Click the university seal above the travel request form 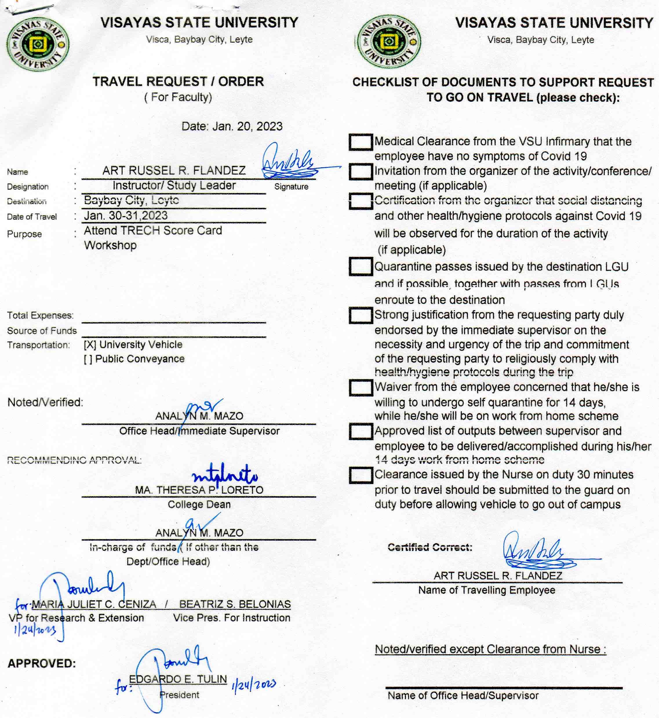coord(37,44)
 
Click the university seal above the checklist coord(389,42)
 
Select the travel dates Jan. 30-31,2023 coord(126,215)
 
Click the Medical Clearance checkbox coord(361,142)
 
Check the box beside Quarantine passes coord(361,266)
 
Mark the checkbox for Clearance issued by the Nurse coord(361,475)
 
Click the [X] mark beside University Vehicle coord(90,345)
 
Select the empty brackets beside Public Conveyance coord(88,359)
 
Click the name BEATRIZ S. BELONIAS coord(235,604)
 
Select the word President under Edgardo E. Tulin coord(179,695)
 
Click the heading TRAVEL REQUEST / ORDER coord(178,82)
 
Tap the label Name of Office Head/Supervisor coord(463,695)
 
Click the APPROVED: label coord(42,664)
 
